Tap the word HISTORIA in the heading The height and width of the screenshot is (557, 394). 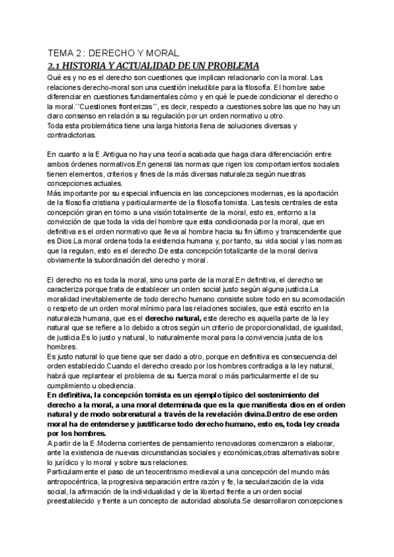[x=90, y=66]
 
